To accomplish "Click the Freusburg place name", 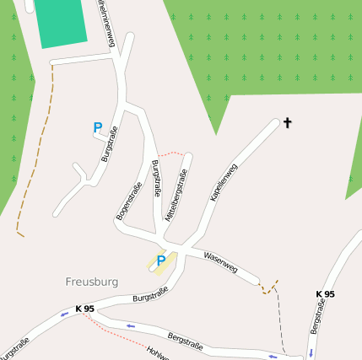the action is point(91,282).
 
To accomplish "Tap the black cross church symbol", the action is point(287,124).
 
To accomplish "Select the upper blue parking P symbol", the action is point(98,128).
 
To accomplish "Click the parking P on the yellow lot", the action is point(160,261).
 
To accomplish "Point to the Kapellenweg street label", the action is point(224,182).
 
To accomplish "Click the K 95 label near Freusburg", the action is point(84,309).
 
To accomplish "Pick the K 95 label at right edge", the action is point(325,294).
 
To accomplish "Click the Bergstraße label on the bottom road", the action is point(186,341).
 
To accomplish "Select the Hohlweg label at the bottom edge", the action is point(158,352).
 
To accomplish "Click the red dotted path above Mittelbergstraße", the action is point(171,153).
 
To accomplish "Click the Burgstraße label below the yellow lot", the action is point(150,294).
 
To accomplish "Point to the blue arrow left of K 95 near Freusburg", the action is point(64,314).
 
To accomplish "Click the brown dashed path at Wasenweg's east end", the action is point(268,288).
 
